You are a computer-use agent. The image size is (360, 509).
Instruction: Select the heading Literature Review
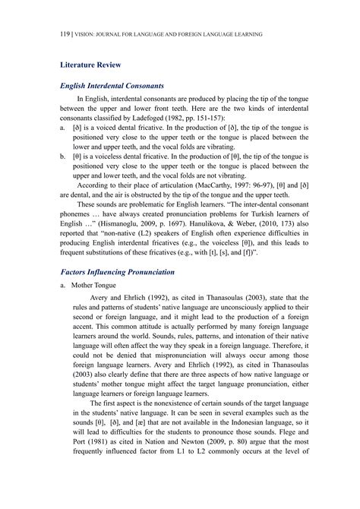pos(90,66)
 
